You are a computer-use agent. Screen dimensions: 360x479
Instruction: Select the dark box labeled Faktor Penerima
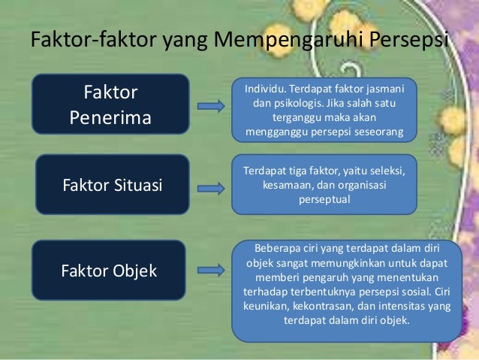[x=110, y=105]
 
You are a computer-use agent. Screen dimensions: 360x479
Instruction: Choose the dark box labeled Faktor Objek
[x=109, y=271]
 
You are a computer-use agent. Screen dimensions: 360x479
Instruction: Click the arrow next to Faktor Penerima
[x=210, y=107]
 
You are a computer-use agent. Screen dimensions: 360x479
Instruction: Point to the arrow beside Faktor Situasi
[x=210, y=183]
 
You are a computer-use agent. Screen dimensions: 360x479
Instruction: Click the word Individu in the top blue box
[x=267, y=90]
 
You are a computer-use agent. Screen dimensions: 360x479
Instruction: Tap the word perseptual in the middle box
[x=324, y=201]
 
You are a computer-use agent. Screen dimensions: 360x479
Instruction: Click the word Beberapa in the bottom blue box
[x=280, y=249]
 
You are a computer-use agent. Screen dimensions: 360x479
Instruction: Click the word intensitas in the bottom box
[x=404, y=306]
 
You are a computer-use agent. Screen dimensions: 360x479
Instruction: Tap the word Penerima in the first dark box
[x=110, y=118]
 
